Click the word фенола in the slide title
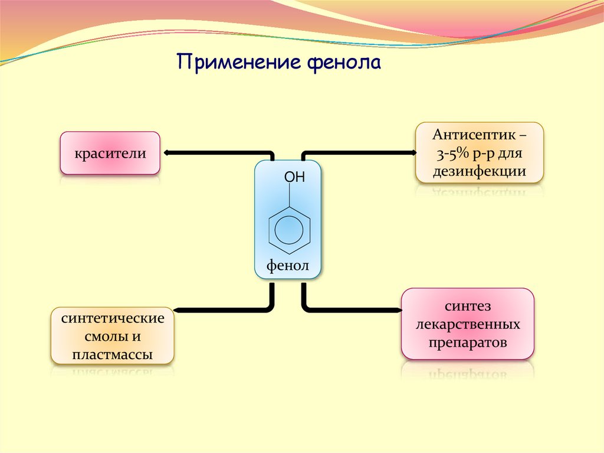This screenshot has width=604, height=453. pyautogui.click(x=344, y=63)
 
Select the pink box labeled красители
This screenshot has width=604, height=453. pyautogui.click(x=110, y=154)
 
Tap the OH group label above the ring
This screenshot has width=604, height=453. pyautogui.click(x=294, y=177)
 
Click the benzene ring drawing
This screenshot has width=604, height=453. pyautogui.click(x=288, y=227)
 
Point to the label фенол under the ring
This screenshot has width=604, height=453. pyautogui.click(x=288, y=265)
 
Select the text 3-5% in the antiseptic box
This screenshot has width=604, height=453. pyautogui.click(x=452, y=154)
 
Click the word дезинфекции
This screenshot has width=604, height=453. pyautogui.click(x=480, y=172)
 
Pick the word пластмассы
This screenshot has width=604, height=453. pyautogui.click(x=113, y=354)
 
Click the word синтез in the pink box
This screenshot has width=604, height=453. pyautogui.click(x=468, y=307)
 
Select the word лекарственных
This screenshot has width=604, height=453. pyautogui.click(x=468, y=324)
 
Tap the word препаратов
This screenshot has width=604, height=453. pyautogui.click(x=468, y=343)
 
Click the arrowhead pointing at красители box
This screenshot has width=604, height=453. pyautogui.click(x=167, y=153)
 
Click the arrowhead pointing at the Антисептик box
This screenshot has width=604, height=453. pyautogui.click(x=412, y=153)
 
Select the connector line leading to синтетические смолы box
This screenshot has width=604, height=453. pyautogui.click(x=224, y=309)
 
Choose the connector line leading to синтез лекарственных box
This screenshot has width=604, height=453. pyautogui.click(x=354, y=309)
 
